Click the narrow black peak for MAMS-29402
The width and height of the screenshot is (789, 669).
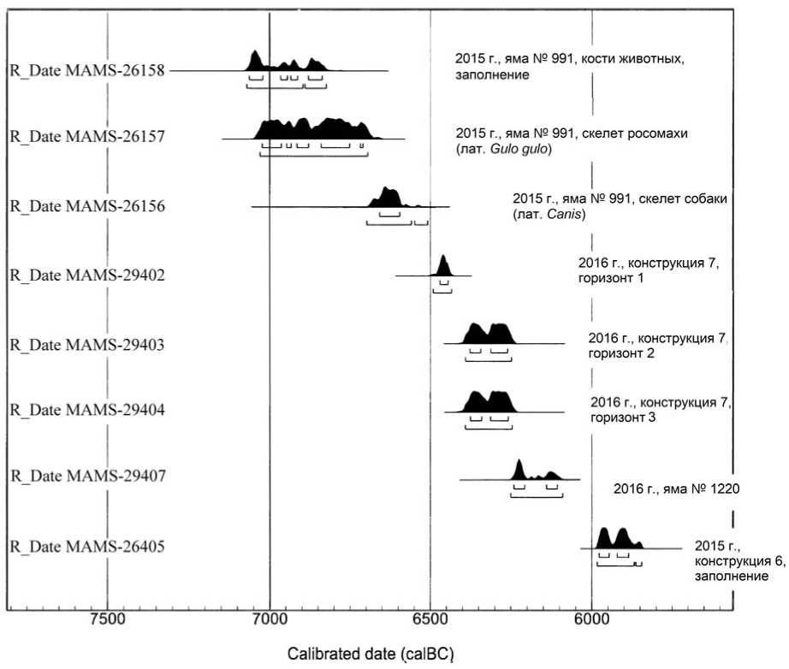pyautogui.click(x=443, y=266)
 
